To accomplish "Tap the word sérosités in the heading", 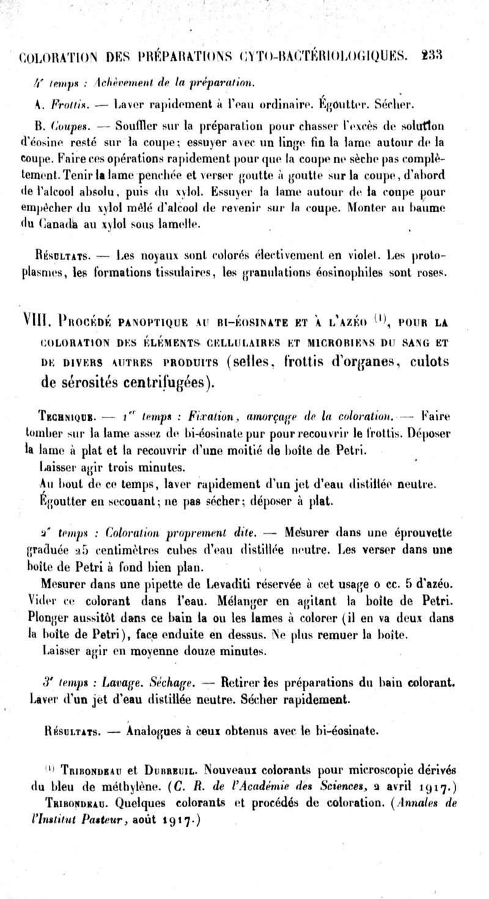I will (x=77, y=384).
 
